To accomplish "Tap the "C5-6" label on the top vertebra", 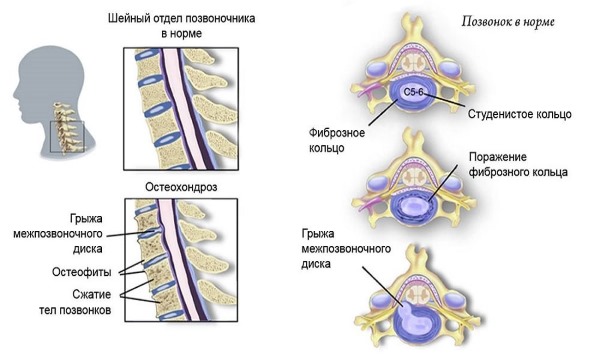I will click(412, 92).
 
